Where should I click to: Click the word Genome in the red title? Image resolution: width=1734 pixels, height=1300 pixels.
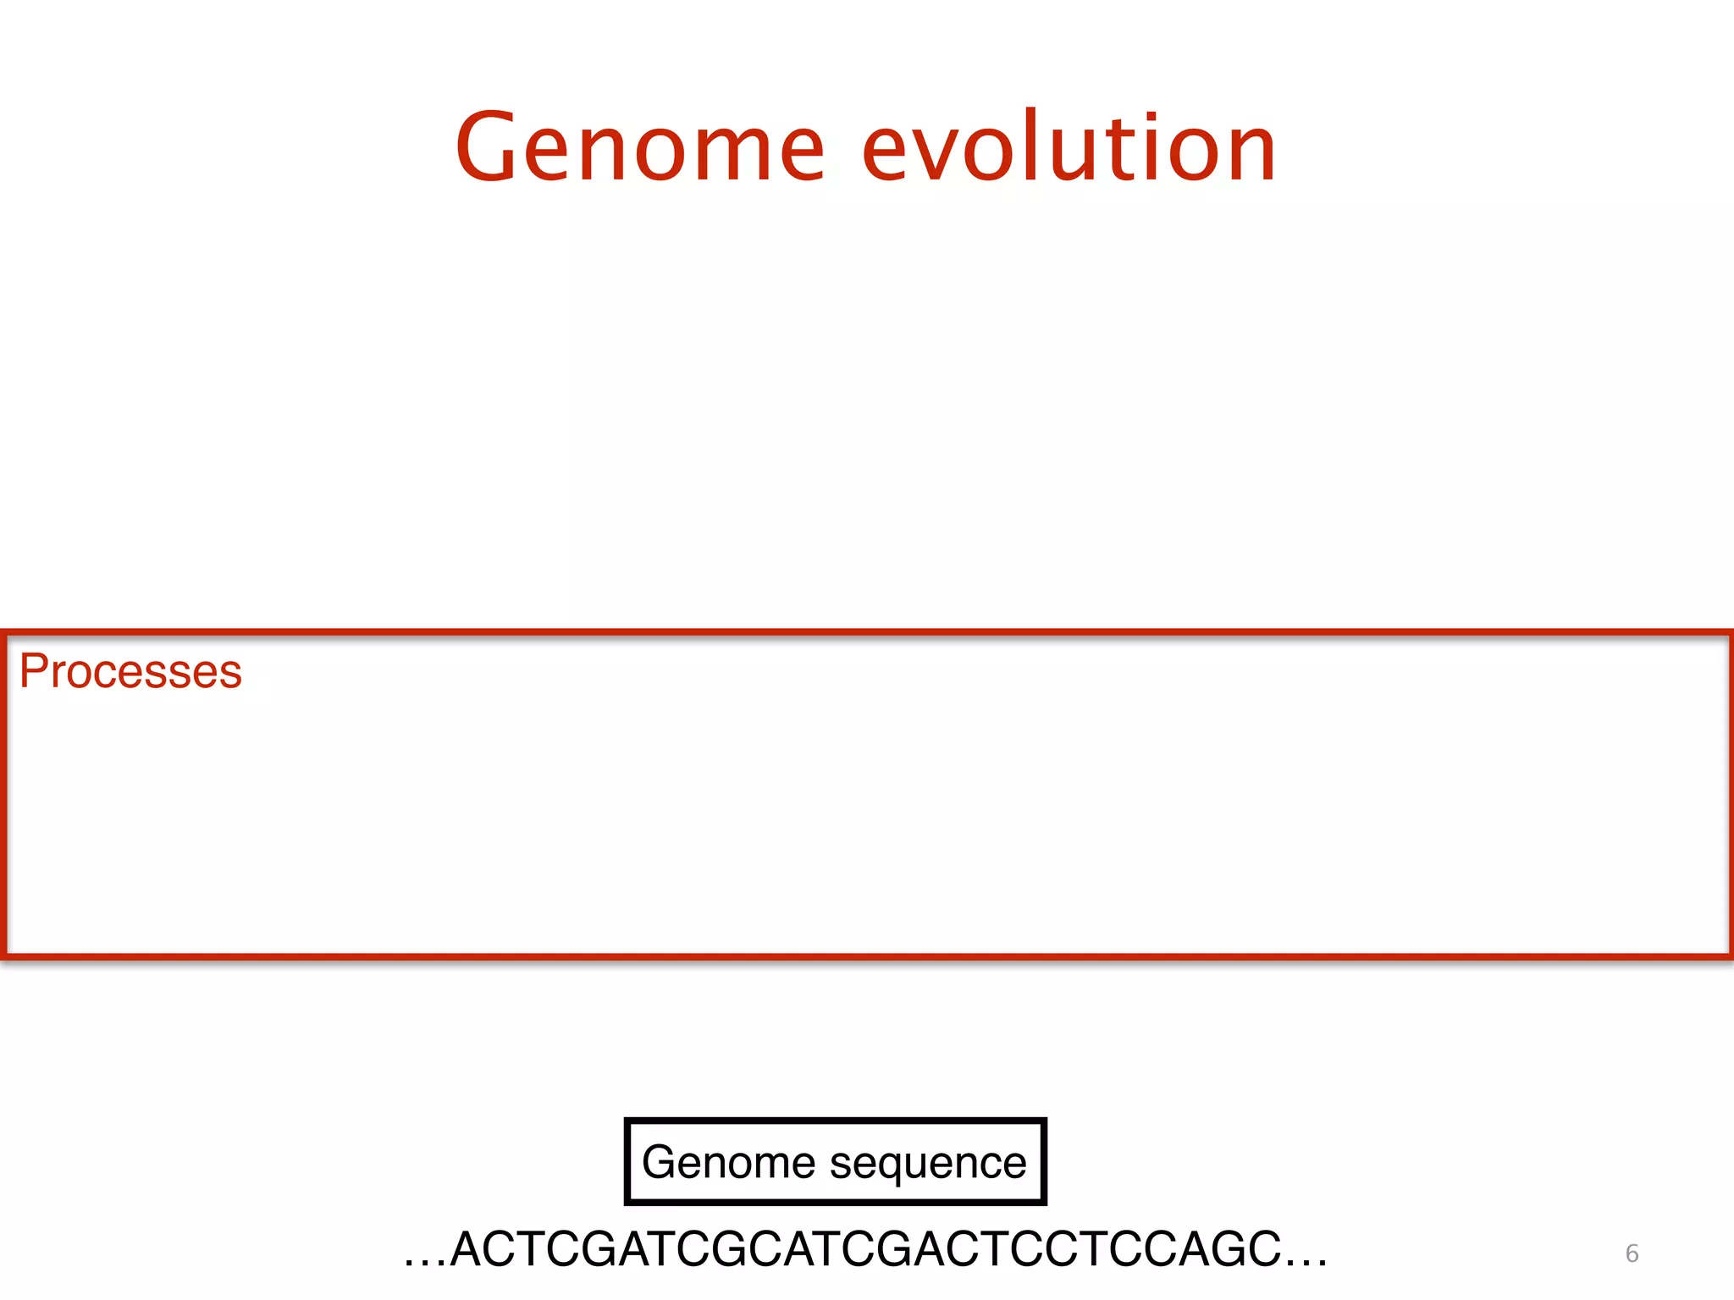[640, 149]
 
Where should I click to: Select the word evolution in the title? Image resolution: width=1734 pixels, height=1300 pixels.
[1069, 149]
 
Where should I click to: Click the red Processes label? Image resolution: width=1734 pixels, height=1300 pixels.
[130, 672]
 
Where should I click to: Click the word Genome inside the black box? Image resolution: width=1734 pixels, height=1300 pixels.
[727, 1161]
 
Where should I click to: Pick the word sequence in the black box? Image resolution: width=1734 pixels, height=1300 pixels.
[928, 1165]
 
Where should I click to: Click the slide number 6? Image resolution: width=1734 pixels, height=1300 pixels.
[1632, 1253]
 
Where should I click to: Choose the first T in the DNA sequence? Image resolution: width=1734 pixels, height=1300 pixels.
[527, 1249]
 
